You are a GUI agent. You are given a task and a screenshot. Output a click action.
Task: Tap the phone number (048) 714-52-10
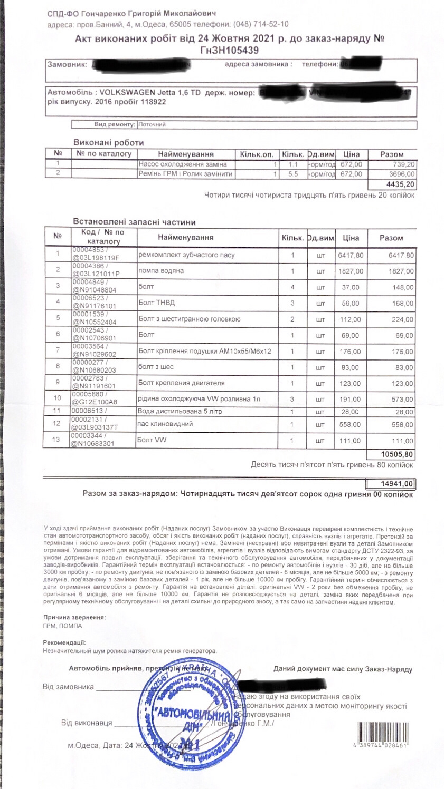261,24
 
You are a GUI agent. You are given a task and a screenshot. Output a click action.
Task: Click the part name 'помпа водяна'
161,271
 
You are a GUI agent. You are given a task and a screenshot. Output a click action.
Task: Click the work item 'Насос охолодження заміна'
178,164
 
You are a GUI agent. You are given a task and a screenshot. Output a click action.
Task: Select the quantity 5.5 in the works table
293,173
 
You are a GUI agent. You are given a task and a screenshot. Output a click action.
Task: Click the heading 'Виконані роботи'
108,142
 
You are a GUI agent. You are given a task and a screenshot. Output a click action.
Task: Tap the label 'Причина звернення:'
74,617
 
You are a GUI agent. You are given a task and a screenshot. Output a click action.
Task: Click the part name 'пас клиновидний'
165,424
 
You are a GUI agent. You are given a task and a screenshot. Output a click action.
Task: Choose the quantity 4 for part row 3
292,287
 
